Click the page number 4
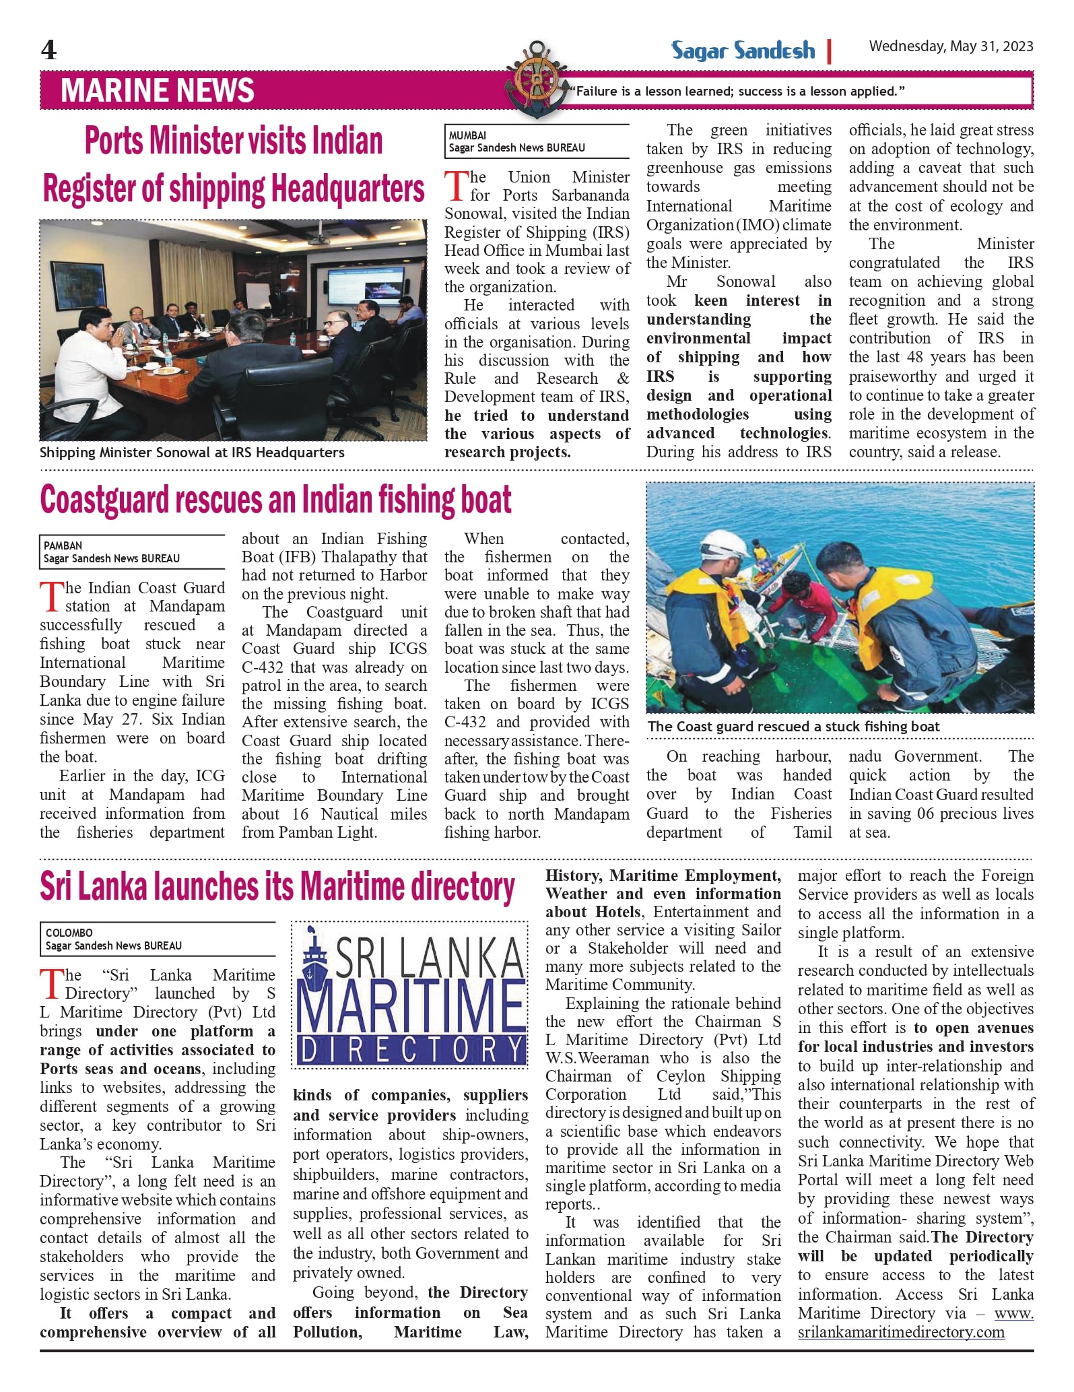pyautogui.click(x=48, y=50)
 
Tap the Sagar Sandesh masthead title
pyautogui.click(x=743, y=51)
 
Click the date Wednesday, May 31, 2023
pyautogui.click(x=951, y=46)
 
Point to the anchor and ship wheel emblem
pyautogui.click(x=537, y=79)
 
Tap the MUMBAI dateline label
pyautogui.click(x=467, y=135)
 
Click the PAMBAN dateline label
pyautogui.click(x=63, y=545)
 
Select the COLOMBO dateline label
pyautogui.click(x=69, y=933)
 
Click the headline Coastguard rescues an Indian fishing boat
pyautogui.click(x=275, y=500)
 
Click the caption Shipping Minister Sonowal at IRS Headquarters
pyautogui.click(x=192, y=453)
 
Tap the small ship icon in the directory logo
pyautogui.click(x=314, y=956)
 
